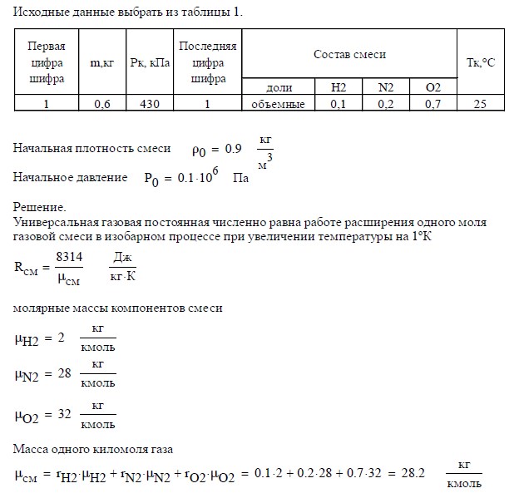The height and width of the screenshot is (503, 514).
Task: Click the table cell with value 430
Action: click(x=150, y=104)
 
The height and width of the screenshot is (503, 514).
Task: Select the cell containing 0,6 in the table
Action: click(x=102, y=104)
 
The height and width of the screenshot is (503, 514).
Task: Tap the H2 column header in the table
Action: click(x=339, y=87)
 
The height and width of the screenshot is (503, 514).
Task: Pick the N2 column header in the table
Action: click(x=386, y=87)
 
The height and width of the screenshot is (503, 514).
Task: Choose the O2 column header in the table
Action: click(x=432, y=87)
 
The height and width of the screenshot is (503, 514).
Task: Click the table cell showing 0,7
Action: click(x=432, y=104)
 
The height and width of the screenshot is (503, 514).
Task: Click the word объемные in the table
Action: click(x=279, y=104)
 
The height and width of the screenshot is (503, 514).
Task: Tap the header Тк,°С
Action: click(x=478, y=62)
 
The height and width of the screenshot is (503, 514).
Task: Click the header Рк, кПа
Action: click(x=150, y=62)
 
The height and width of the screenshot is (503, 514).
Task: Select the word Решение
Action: click(x=39, y=207)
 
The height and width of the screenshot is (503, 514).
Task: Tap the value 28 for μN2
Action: click(x=62, y=375)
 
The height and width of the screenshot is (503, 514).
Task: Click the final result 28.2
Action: click(x=411, y=474)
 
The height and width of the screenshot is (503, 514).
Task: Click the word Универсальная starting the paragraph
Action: click(x=52, y=223)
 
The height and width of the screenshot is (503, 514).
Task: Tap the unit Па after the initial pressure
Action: click(x=241, y=178)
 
